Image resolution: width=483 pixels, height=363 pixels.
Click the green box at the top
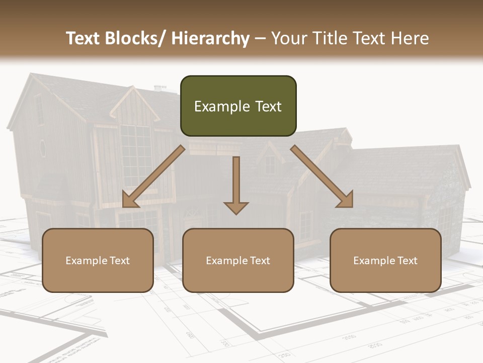(x=238, y=106)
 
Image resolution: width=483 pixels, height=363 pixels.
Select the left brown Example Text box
(x=98, y=260)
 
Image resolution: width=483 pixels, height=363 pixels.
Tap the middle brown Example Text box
(x=238, y=260)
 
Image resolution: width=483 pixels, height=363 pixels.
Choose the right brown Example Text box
(x=385, y=260)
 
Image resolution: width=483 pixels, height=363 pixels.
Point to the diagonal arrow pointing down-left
(x=153, y=177)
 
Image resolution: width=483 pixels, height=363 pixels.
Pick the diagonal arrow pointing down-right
(x=322, y=177)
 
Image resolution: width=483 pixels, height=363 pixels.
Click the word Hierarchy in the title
(x=210, y=38)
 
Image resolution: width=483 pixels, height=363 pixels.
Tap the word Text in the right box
(x=407, y=260)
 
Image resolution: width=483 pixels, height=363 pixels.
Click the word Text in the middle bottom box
(x=259, y=260)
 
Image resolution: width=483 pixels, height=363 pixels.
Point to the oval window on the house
(x=43, y=148)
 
